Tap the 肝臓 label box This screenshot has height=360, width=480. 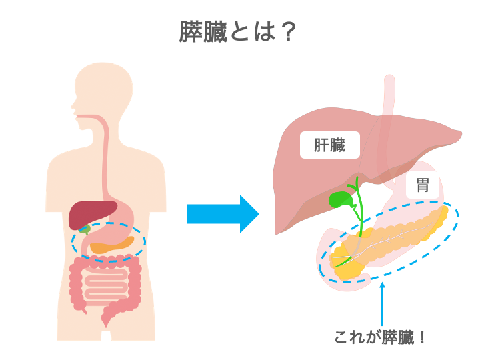[330, 145]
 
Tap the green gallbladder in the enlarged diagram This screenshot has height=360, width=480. [341, 199]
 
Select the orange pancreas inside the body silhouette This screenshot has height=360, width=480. [110, 245]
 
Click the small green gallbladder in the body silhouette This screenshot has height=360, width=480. [85, 229]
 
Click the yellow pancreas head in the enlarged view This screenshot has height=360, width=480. [347, 267]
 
